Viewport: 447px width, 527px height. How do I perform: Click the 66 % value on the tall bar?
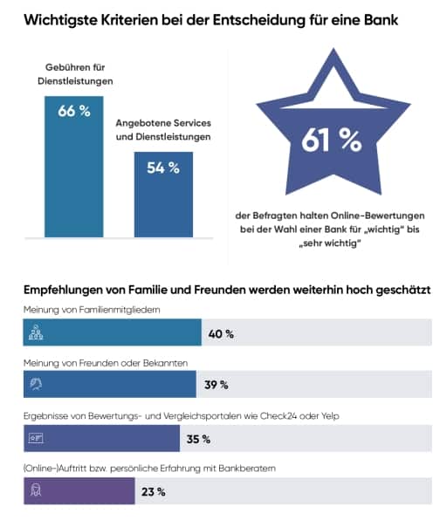[74, 111]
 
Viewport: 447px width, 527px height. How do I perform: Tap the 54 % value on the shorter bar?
[163, 168]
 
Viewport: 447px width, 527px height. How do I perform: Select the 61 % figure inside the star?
[331, 140]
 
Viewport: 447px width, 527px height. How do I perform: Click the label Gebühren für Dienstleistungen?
[75, 74]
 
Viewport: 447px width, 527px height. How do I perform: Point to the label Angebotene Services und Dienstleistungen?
[163, 130]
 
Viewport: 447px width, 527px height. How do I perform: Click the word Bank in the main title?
[381, 20]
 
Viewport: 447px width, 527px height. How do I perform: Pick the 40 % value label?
[221, 334]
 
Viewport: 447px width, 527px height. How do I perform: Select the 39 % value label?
[217, 385]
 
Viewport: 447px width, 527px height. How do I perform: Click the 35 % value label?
[198, 439]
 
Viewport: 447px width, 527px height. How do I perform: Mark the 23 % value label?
[154, 492]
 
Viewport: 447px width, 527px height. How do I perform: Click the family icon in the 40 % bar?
[36, 332]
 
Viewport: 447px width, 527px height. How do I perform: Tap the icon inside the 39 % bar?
[36, 384]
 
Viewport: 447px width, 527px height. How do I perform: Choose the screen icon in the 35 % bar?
[36, 438]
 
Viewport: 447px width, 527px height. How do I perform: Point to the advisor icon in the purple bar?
[36, 490]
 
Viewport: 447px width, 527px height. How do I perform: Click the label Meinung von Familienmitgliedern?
[92, 310]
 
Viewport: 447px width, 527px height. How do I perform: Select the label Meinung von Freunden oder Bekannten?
[106, 363]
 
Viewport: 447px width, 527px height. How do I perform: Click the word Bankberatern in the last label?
[247, 469]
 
